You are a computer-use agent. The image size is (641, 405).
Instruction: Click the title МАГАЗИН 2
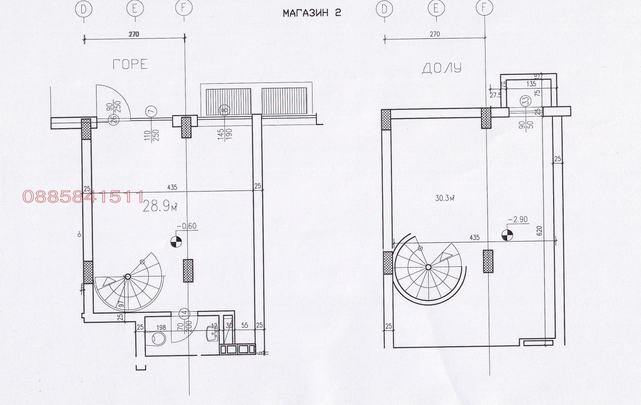point(312,13)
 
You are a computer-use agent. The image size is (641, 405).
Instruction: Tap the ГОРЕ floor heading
point(130,64)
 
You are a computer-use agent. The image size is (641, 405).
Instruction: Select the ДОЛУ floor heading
point(441,68)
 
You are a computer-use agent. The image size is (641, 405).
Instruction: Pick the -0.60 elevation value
point(187,226)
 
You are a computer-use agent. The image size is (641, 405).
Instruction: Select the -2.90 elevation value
point(518,220)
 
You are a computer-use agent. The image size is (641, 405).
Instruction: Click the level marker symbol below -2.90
point(507,235)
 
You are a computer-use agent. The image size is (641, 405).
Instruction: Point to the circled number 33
point(524,100)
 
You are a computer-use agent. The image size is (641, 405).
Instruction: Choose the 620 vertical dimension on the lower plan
point(539,231)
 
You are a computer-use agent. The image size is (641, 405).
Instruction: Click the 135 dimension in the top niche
point(531,84)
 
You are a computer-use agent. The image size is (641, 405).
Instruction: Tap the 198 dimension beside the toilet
point(161,327)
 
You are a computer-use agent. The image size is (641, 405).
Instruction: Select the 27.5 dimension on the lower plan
point(495,95)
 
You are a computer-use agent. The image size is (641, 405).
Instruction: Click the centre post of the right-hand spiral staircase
point(428,267)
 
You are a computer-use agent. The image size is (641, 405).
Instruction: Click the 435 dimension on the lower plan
point(474,238)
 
